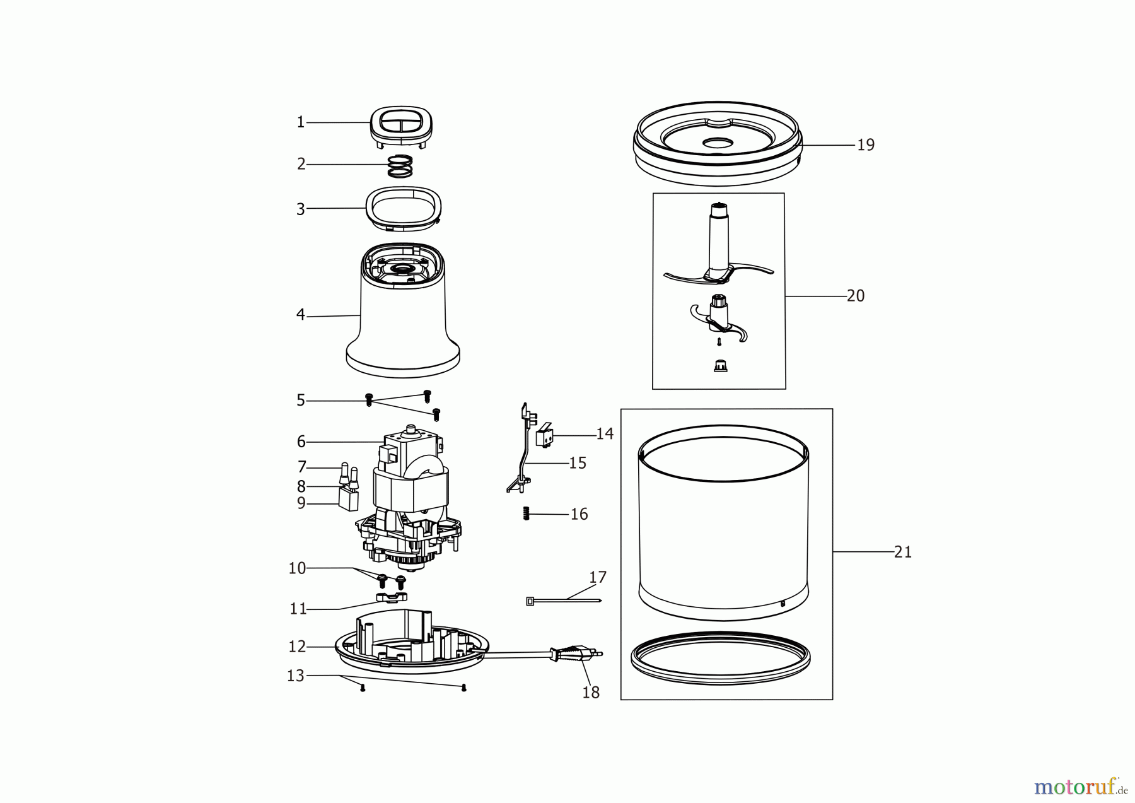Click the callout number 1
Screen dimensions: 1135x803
(301, 122)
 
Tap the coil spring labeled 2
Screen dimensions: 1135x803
(400, 166)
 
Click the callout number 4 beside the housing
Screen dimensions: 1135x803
(301, 315)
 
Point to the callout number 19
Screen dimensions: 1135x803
(866, 145)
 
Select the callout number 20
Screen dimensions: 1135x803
(856, 296)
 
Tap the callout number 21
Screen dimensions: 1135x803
(903, 552)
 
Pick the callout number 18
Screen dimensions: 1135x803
(591, 693)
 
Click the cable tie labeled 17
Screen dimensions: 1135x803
(564, 601)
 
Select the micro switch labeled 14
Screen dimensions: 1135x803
(544, 433)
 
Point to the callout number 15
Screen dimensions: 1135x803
(578, 463)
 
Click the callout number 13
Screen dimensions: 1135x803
(296, 676)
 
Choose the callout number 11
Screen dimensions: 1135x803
(298, 609)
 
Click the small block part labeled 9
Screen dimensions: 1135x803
(348, 498)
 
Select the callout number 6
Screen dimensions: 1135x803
(301, 442)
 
